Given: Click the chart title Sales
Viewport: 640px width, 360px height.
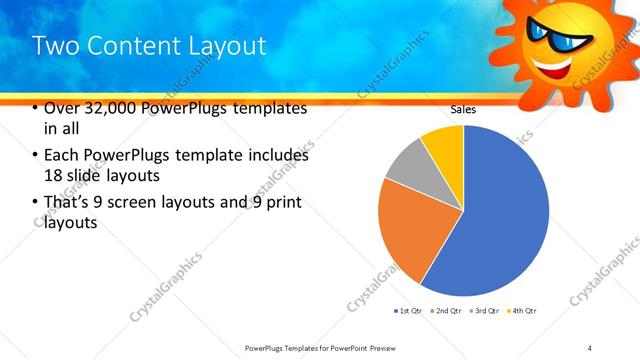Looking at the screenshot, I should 463,110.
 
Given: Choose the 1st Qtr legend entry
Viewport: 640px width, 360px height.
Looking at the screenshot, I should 408,311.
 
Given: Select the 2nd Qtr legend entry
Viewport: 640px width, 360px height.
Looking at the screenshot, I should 446,311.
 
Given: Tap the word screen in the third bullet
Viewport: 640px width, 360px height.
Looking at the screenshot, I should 158,204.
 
